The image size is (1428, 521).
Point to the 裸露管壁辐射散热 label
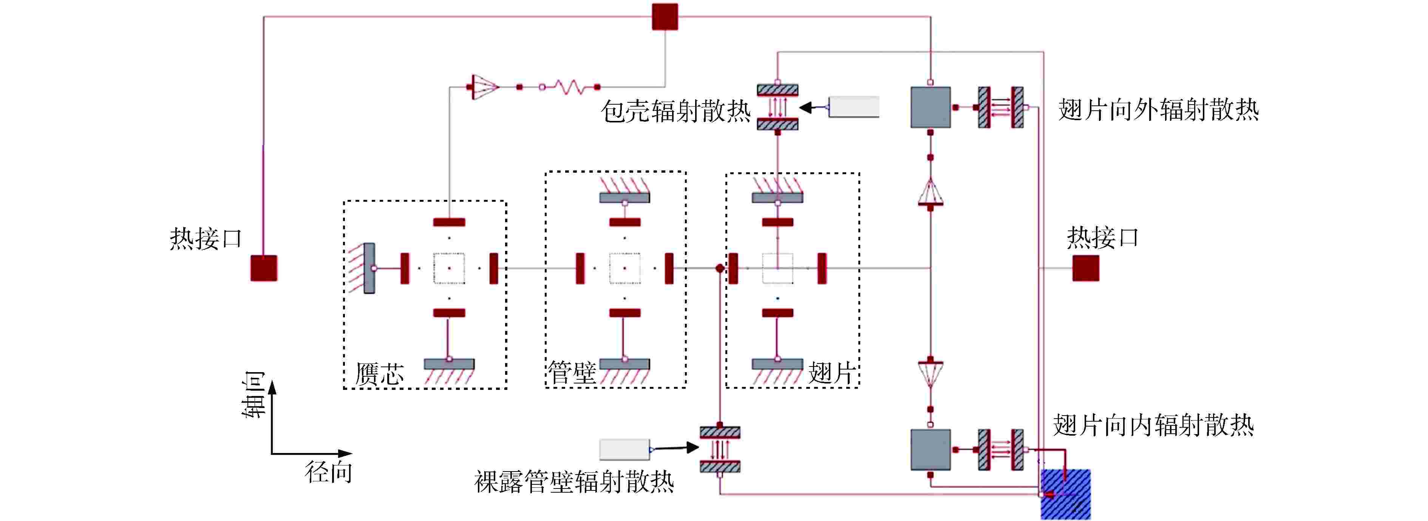click(574, 482)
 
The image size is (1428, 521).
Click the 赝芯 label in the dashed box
click(380, 374)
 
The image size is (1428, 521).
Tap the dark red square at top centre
click(665, 17)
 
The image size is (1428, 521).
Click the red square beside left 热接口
click(264, 268)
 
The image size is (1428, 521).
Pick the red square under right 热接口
click(1085, 268)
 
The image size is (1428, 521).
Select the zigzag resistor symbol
click(569, 87)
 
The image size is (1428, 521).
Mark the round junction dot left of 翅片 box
click(720, 268)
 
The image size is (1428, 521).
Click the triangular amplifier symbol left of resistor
click(484, 87)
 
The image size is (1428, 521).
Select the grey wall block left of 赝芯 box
click(369, 268)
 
